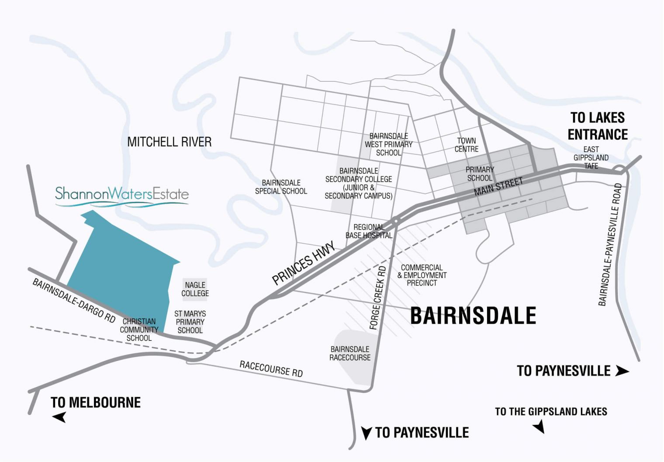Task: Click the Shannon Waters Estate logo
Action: [x=121, y=195]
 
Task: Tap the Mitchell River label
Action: [x=169, y=142]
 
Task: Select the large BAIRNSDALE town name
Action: [x=473, y=316]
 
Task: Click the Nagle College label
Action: [x=195, y=289]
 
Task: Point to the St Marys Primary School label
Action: [x=190, y=322]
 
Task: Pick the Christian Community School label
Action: [x=139, y=330]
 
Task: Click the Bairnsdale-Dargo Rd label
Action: [x=74, y=301]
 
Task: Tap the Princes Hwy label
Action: [x=304, y=263]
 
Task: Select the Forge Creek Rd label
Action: [x=378, y=297]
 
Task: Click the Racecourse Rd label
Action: [x=271, y=369]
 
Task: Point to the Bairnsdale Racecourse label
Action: [x=350, y=353]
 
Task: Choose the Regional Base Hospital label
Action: [x=369, y=231]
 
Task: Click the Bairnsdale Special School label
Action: [x=281, y=187]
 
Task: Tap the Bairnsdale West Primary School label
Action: [x=388, y=144]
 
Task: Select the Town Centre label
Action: [x=466, y=145]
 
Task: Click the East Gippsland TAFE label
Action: [x=591, y=157]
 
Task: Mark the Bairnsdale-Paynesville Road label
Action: [x=610, y=245]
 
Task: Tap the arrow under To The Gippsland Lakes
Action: [x=539, y=426]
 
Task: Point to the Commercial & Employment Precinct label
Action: [x=422, y=275]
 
